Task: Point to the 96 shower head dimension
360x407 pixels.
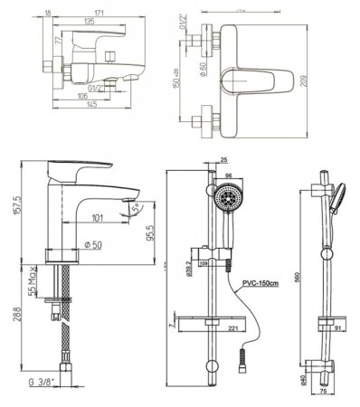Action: click(x=228, y=177)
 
